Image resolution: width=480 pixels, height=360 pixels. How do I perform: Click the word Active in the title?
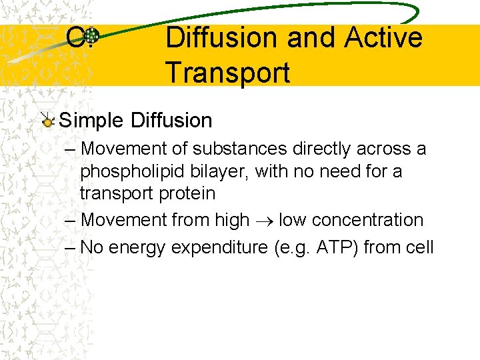(383, 37)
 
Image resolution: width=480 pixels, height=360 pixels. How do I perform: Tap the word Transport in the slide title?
(227, 72)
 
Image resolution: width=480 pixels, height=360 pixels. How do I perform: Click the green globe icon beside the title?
(93, 37)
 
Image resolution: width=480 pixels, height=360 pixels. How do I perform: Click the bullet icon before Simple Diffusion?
(47, 121)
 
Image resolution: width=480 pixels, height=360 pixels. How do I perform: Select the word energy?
(137, 247)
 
